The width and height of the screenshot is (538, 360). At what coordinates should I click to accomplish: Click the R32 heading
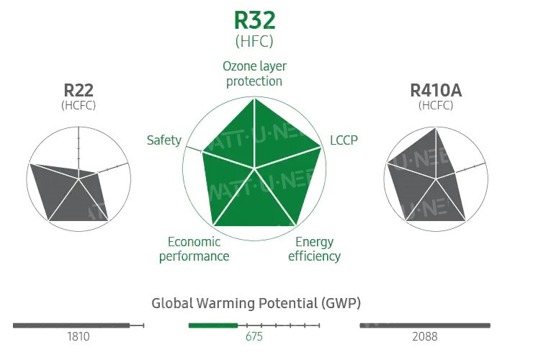[254, 19]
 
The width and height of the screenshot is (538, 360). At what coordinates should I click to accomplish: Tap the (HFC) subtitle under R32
[254, 41]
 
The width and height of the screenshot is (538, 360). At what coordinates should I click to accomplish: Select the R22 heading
[79, 91]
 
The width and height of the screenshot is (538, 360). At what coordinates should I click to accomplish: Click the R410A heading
[436, 91]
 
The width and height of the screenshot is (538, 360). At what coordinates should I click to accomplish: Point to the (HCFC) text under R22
[79, 105]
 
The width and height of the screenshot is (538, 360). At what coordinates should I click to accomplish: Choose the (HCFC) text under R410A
[436, 105]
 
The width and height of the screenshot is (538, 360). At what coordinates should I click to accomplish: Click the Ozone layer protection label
[254, 73]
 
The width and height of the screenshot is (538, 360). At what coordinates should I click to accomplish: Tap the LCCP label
[344, 140]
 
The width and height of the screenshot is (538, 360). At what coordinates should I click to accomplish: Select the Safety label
[163, 140]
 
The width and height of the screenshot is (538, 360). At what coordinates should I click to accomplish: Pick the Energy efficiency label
[314, 248]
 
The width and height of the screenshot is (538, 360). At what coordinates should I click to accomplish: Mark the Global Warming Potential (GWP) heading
[256, 303]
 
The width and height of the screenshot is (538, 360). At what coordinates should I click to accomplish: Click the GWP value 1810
[79, 337]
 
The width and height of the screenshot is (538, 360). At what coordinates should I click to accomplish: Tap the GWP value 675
[254, 337]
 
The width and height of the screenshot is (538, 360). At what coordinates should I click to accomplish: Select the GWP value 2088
[425, 337]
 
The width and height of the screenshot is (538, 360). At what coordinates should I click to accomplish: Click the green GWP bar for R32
[213, 325]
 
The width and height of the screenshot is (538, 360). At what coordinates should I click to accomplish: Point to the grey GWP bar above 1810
[71, 325]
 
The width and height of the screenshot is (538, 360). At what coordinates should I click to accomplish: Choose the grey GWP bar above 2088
[424, 325]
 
